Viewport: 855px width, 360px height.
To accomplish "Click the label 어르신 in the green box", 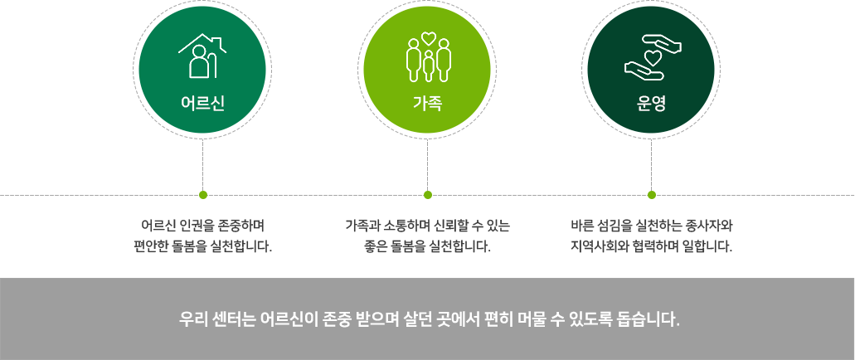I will (x=202, y=104).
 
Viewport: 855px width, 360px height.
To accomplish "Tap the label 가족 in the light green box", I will (x=427, y=104).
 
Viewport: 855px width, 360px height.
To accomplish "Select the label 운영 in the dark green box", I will (x=651, y=104).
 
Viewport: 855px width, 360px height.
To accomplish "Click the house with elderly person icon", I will (x=202, y=56).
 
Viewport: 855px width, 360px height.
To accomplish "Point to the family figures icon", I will (x=428, y=58).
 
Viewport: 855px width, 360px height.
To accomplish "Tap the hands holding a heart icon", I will (x=652, y=56).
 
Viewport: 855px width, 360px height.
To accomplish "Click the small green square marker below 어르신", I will (x=202, y=195).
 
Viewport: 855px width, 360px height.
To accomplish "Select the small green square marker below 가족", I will (x=427, y=195).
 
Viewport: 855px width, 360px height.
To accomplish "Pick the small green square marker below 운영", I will (x=651, y=195).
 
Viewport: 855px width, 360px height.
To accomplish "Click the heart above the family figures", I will (x=428, y=37).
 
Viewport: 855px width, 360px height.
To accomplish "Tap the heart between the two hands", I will (x=653, y=57).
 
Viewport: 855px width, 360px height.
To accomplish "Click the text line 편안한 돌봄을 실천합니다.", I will (x=202, y=246).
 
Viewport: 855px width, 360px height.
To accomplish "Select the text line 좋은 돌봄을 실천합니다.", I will (x=427, y=246).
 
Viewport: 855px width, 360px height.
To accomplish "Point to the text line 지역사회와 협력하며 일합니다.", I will (x=651, y=246).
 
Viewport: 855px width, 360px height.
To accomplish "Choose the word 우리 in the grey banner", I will (x=192, y=319).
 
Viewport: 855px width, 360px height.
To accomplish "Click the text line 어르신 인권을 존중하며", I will (x=202, y=226).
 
